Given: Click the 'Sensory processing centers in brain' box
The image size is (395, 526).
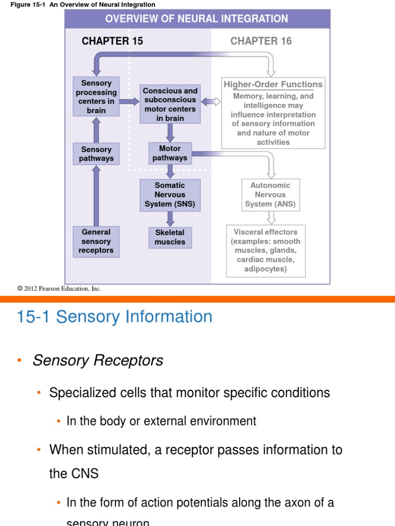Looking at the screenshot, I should (96, 97).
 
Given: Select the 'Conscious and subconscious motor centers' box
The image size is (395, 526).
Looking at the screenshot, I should (170, 104).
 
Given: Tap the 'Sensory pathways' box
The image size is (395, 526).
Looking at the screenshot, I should (96, 154).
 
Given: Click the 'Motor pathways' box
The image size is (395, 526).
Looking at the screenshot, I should (170, 153).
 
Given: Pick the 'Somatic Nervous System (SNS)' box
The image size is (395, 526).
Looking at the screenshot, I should (170, 195).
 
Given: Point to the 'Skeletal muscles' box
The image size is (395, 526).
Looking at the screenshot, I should (170, 237).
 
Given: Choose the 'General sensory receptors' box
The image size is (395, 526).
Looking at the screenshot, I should (96, 241).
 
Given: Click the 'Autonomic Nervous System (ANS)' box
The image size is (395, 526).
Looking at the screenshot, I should (270, 195).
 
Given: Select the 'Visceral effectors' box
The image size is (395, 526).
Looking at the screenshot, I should (265, 251).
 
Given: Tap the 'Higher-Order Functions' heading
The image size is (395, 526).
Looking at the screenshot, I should (273, 85).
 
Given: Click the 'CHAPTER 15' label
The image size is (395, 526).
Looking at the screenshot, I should (112, 41).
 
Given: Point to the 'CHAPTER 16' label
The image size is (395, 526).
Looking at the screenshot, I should (261, 41).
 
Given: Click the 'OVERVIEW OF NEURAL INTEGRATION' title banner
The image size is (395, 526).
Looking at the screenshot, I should (196, 19).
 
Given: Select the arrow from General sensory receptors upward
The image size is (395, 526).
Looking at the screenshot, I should (96, 196).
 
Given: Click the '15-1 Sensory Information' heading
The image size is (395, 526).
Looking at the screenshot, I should (114, 316).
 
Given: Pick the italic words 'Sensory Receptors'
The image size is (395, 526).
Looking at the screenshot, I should (98, 361).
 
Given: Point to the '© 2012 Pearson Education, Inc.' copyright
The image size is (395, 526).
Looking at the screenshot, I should (59, 289).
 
